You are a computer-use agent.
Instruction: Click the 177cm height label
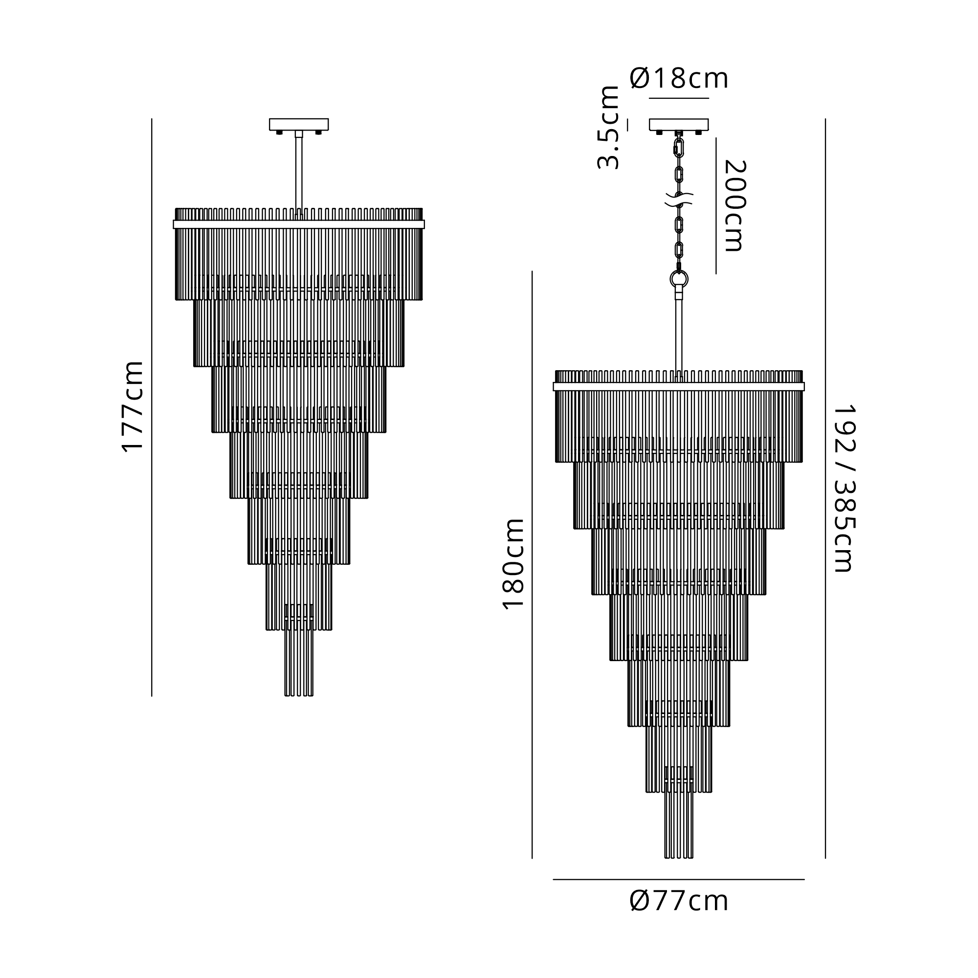tap(133, 406)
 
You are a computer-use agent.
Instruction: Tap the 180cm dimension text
tap(513, 564)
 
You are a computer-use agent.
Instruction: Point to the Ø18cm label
tap(679, 79)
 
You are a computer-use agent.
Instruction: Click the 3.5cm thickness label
tap(608, 128)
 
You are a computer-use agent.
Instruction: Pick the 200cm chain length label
tap(735, 205)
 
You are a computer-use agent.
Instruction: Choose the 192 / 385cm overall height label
tap(844, 488)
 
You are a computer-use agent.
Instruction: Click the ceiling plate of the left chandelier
tap(299, 125)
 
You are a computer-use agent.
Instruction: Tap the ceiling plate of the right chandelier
tap(679, 125)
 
